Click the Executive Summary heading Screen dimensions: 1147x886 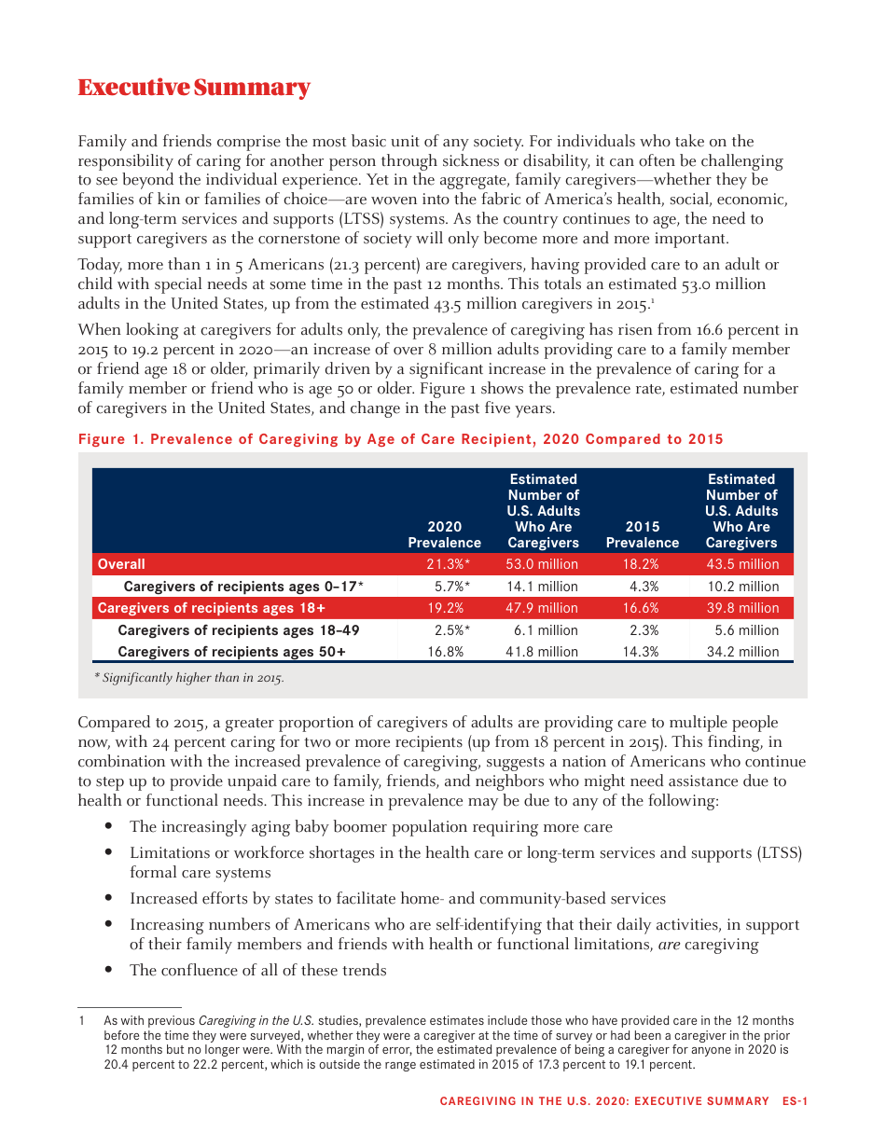pos(193,88)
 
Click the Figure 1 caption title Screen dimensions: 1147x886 pos(400,439)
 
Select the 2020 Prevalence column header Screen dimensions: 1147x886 pos(444,534)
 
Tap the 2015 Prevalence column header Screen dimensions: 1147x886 pos(642,534)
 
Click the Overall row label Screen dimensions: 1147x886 pos(121,564)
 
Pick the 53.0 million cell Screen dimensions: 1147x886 pos(542,564)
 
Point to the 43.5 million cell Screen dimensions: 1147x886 pos(741,564)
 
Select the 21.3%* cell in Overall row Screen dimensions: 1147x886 pos(448,564)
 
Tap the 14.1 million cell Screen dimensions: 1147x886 pos(542,587)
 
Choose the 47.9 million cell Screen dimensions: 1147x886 pos(542,608)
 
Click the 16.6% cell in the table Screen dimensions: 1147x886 pos(641,608)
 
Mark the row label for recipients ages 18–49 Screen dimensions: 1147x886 pos(238,630)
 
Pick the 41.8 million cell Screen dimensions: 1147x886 pos(542,652)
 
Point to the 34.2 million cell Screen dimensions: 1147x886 pos(742,652)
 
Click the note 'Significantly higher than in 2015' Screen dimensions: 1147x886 pos(189,678)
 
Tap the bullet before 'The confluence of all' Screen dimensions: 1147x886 pos(109,970)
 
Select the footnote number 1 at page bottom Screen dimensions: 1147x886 pos(82,1021)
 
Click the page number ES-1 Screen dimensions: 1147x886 pos(795,1101)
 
